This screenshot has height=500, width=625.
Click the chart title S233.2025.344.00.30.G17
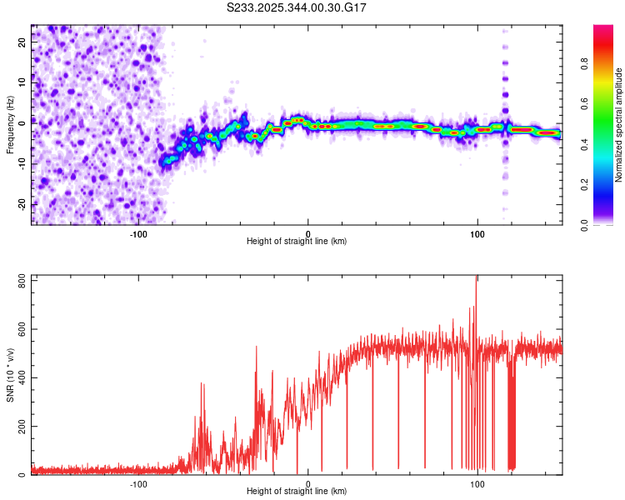[x=297, y=7]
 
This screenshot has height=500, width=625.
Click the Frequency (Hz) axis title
[x=10, y=124]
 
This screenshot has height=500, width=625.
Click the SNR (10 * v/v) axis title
[x=10, y=375]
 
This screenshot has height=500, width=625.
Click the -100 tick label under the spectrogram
[x=138, y=233]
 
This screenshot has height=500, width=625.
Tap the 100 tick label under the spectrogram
[x=477, y=233]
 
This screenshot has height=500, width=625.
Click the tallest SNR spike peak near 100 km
[x=476, y=277]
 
